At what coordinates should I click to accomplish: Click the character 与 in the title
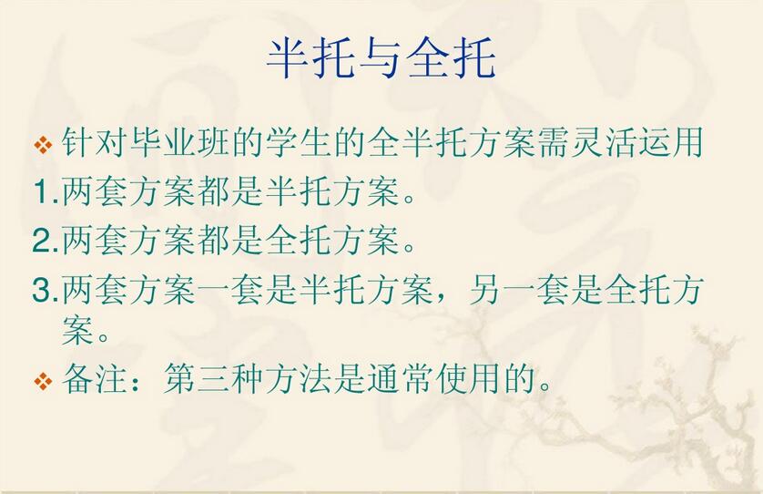pos(381,58)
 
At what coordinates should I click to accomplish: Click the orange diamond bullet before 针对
pos(44,145)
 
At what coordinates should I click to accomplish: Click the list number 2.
pos(46,241)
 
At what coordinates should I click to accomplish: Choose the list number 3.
pos(46,290)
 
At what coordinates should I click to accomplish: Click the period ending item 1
pos(409,200)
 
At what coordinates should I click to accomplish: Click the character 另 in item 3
pos(486,289)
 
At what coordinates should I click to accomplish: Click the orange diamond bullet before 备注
pos(44,381)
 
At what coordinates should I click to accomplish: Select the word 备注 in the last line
pos(95,378)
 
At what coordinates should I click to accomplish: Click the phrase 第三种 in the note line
pos(214,378)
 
